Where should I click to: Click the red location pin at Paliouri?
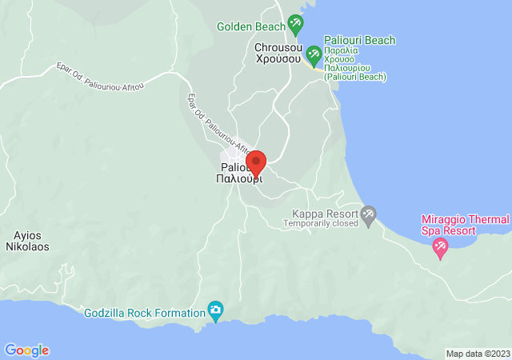(x=256, y=162)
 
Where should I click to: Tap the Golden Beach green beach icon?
(x=295, y=25)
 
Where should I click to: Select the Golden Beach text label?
(x=250, y=26)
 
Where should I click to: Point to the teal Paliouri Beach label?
(x=359, y=41)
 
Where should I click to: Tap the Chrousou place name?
(x=278, y=46)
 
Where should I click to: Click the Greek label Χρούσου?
(x=278, y=58)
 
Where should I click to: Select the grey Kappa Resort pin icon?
(x=368, y=214)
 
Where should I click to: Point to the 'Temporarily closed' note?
(x=322, y=224)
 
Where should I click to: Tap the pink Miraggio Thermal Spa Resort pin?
(x=439, y=249)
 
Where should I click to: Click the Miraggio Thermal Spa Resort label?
(x=466, y=225)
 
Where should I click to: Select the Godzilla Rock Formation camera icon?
(x=215, y=310)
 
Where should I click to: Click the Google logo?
(x=26, y=350)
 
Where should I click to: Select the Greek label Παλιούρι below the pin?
(x=239, y=179)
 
